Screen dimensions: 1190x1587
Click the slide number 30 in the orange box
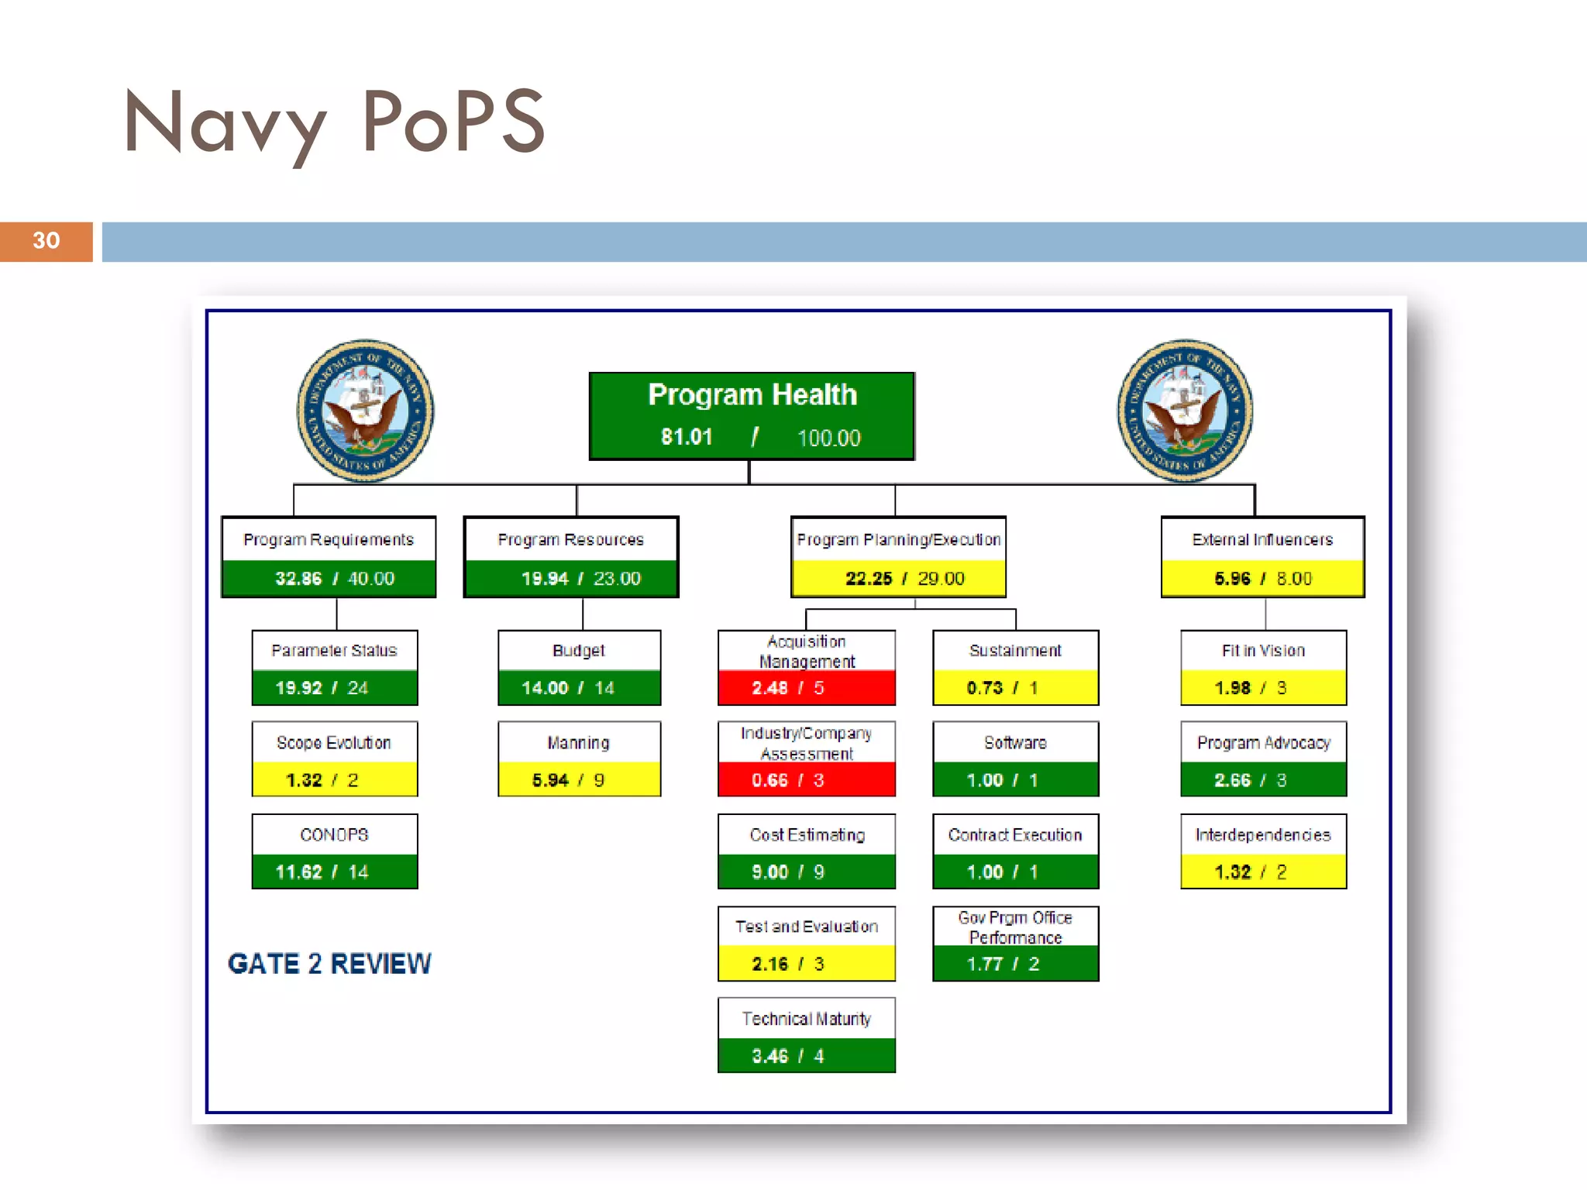pos(46,241)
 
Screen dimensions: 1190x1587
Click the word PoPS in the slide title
pos(453,122)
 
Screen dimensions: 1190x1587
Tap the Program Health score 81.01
pos(687,437)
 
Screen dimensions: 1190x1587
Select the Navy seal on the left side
pos(365,411)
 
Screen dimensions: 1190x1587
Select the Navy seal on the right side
pos(1185,411)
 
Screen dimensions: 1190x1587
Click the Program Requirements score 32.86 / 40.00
pos(334,579)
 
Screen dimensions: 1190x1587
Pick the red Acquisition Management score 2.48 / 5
pos(788,688)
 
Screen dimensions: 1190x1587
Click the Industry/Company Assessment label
pos(806,743)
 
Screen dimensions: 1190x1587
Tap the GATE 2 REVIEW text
pos(329,964)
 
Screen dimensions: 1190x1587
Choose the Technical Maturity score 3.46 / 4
pos(788,1056)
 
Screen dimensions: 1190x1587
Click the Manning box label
pos(578,743)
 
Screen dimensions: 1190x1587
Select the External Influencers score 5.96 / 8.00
pos(1262,579)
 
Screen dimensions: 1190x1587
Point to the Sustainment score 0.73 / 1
pos(1002,688)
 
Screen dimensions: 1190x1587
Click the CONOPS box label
pos(334,834)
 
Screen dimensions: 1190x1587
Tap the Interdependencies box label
pos(1262,834)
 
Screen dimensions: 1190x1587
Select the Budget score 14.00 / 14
pos(567,688)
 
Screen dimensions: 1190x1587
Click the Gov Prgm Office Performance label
pos(1015,927)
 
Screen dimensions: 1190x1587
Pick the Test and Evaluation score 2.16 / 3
pos(788,965)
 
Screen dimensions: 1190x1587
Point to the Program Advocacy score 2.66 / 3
pos(1250,780)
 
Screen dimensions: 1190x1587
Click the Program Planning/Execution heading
pos(898,539)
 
